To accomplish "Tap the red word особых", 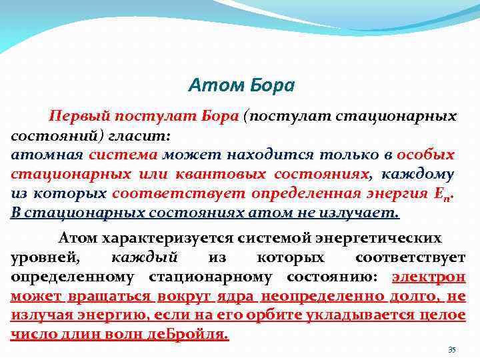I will click(x=425, y=155).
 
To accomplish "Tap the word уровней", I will click(x=43, y=257).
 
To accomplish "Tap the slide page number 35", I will click(x=451, y=350).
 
